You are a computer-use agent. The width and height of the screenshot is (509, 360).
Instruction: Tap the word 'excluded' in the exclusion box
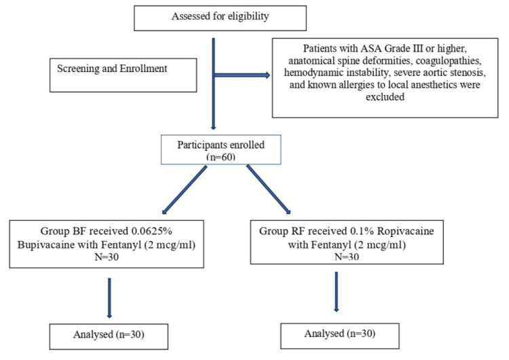pyautogui.click(x=385, y=97)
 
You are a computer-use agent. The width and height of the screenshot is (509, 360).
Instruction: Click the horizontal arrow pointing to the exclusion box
pyautogui.click(x=242, y=75)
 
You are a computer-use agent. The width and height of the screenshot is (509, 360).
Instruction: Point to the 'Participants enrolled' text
pyautogui.click(x=221, y=145)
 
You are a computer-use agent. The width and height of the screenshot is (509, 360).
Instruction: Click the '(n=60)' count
pyautogui.click(x=221, y=157)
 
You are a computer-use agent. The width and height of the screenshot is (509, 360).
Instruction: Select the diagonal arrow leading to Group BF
pyautogui.click(x=184, y=190)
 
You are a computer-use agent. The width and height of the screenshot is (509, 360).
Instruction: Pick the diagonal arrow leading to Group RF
pyautogui.click(x=269, y=190)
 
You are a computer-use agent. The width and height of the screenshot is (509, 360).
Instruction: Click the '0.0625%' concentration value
pyautogui.click(x=151, y=231)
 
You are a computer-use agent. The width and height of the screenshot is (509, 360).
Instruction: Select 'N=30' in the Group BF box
pyautogui.click(x=107, y=257)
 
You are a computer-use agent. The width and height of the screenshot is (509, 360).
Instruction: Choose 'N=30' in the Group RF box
pyautogui.click(x=347, y=257)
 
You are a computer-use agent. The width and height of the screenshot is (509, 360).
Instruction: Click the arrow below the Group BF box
pyautogui.click(x=109, y=298)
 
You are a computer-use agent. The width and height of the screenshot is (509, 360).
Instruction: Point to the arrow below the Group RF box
pyautogui.click(x=337, y=292)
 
